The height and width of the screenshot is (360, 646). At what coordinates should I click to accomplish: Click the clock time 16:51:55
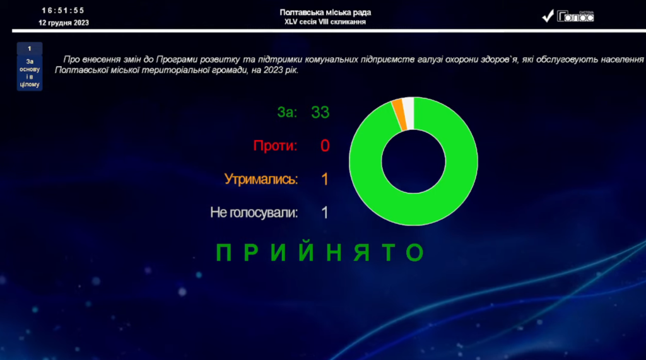tap(62, 11)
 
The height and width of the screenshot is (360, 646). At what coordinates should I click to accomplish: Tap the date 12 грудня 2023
tap(63, 23)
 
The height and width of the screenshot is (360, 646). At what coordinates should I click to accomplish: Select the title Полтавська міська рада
tap(325, 13)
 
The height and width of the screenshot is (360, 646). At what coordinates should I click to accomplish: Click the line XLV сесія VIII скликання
tap(325, 22)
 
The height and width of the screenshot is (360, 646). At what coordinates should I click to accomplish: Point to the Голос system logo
tap(568, 16)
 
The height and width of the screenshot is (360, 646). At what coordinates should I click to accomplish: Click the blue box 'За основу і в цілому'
tap(30, 67)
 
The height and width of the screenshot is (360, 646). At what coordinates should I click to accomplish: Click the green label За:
tap(286, 113)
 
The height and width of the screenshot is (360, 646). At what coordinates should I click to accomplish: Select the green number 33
tap(320, 113)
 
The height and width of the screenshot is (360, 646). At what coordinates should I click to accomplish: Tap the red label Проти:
tap(275, 146)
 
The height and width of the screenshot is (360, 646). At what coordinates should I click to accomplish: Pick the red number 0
tap(325, 146)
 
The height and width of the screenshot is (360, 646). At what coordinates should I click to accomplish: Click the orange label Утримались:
tap(261, 180)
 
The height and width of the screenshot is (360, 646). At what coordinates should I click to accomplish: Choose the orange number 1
tap(325, 180)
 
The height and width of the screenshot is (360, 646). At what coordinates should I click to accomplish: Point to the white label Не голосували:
tap(254, 213)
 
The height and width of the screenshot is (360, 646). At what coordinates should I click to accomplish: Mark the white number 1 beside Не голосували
tap(325, 213)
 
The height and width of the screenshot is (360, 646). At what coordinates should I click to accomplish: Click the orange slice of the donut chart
tap(398, 113)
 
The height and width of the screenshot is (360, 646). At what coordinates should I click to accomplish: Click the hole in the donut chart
tap(413, 161)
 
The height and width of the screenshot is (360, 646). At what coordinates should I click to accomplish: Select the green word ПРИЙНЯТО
tap(321, 253)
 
